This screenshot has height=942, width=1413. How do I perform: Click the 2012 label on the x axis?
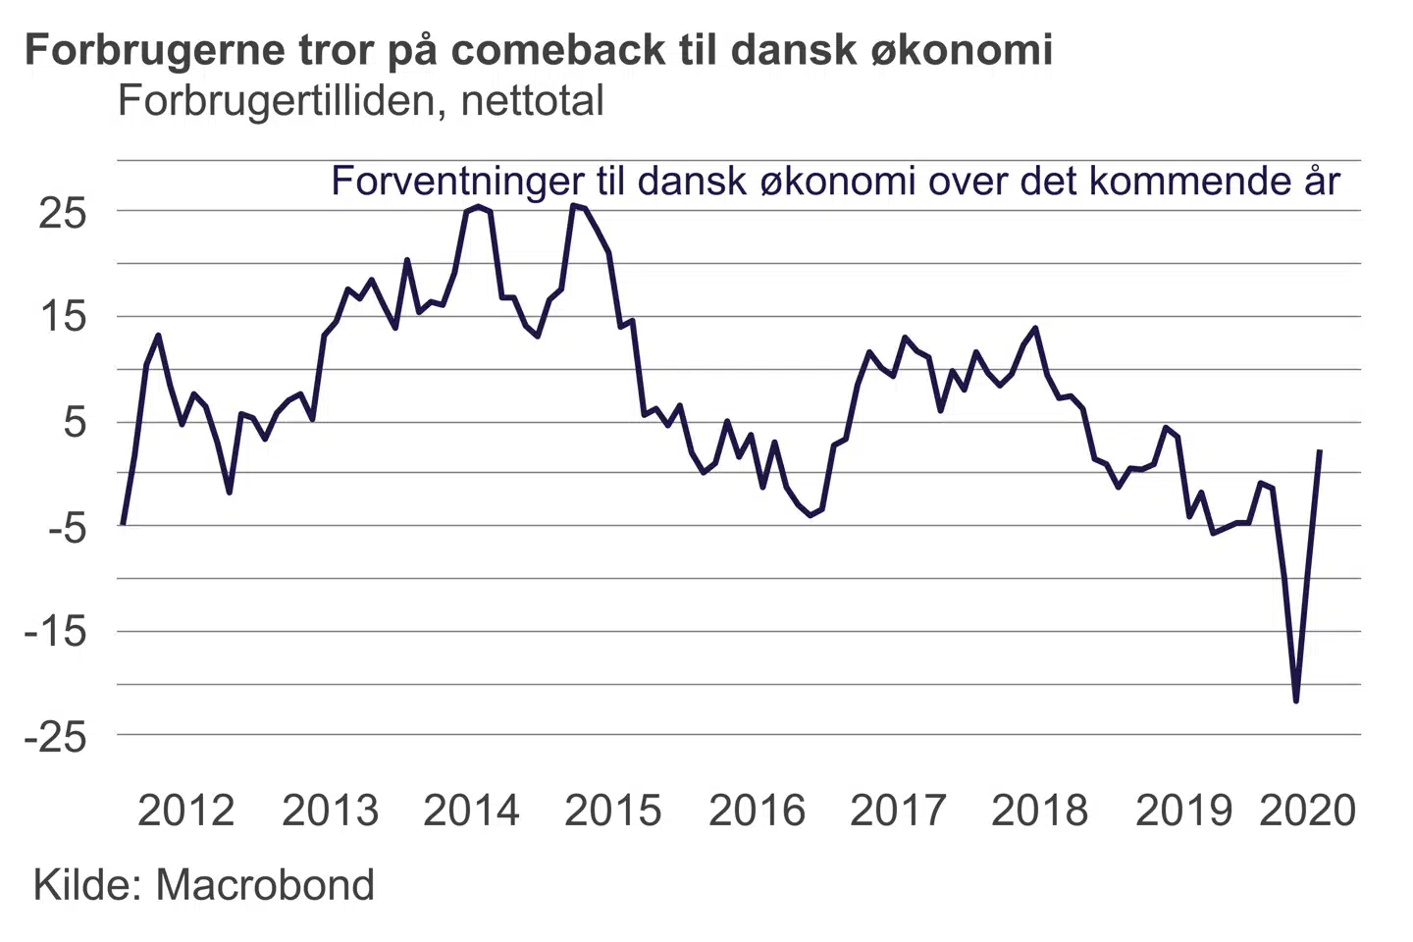(186, 811)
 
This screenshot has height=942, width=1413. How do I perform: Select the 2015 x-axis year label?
(613, 811)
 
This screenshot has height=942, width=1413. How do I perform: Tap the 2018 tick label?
(1040, 811)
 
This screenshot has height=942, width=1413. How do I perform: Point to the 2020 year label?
(1308, 811)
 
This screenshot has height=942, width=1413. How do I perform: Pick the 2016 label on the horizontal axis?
(757, 811)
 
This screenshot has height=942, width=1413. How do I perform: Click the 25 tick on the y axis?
(63, 213)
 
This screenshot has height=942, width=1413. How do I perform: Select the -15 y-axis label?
(55, 632)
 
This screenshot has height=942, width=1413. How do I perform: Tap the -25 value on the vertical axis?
(55, 737)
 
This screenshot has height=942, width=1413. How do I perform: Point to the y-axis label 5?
(76, 423)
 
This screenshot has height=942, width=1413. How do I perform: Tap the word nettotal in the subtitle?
(532, 101)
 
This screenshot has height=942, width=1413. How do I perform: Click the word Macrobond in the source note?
(265, 885)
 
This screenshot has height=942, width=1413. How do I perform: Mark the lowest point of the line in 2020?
(1296, 701)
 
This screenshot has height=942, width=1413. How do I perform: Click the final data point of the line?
(1320, 451)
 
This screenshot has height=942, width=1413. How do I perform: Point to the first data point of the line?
(123, 524)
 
